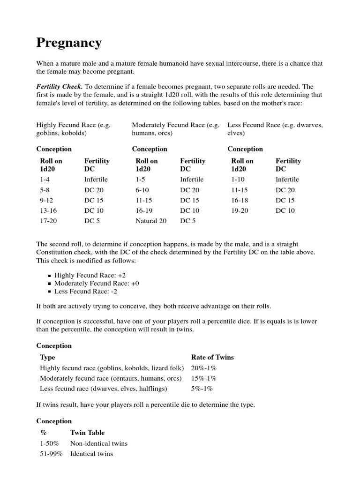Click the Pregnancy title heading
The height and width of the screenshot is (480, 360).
pos(69,43)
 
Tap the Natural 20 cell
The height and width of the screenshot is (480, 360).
pos(151,221)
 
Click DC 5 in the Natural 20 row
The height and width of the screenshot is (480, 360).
pos(188,221)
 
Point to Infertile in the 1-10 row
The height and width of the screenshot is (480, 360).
pos(287,180)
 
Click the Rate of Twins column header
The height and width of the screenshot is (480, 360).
pos(212,357)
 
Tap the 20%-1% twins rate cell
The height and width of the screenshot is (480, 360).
pos(203,368)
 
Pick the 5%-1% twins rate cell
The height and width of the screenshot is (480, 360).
pos(202,389)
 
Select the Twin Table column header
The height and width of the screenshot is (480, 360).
pos(87,433)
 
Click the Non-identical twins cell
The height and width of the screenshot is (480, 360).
pos(98,443)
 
